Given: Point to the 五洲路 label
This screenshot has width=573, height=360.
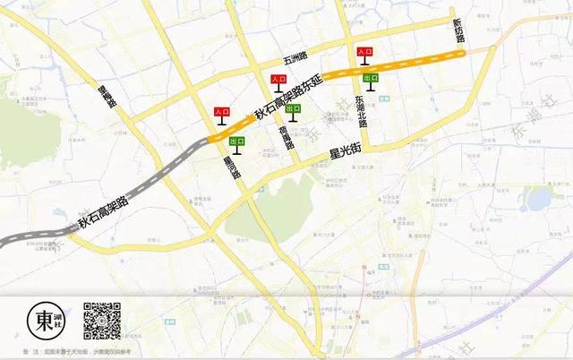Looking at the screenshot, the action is [x=295, y=60].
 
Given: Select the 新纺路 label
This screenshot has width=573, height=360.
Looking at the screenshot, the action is [x=458, y=32].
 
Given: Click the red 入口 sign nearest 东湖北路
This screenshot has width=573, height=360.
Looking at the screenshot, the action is [x=364, y=54].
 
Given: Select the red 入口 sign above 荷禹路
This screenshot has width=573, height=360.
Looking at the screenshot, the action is [x=278, y=81].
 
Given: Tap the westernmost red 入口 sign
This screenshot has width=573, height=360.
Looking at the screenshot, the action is [x=221, y=113].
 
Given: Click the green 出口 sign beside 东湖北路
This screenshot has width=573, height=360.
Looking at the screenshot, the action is [x=370, y=79].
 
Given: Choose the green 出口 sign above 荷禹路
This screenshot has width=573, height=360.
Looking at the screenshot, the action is [x=293, y=108].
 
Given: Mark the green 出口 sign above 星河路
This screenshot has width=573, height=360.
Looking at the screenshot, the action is [x=237, y=141].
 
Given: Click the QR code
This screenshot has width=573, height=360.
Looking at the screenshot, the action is [x=102, y=321].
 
